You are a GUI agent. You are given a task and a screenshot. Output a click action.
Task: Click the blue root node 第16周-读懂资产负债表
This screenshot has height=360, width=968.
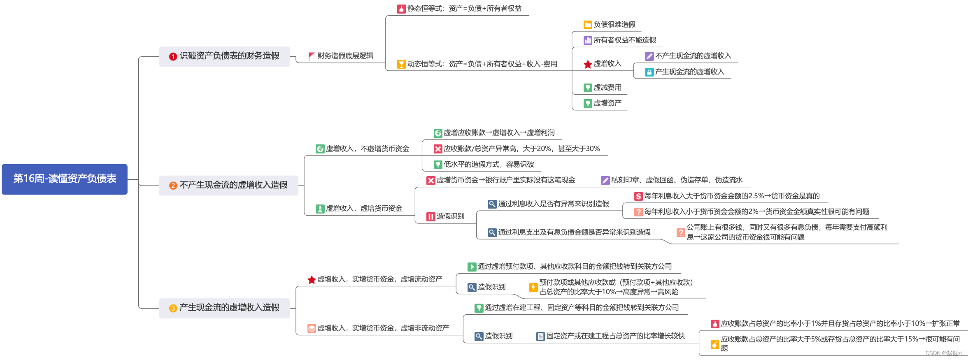point(65,179)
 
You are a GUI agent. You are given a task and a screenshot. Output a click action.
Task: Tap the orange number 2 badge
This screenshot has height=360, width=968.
point(173,186)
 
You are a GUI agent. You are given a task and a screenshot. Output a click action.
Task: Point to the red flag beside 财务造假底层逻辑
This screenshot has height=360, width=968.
point(311,56)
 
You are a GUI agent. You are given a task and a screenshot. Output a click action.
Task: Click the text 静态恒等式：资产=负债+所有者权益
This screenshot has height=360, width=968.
point(464,9)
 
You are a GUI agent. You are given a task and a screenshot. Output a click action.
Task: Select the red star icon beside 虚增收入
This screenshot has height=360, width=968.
point(588,64)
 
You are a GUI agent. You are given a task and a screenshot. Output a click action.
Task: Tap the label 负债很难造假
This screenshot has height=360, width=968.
point(614,25)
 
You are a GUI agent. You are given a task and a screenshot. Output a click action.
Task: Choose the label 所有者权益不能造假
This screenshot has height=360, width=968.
point(624,40)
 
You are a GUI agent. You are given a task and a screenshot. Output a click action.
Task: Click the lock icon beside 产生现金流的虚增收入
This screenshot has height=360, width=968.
point(649,72)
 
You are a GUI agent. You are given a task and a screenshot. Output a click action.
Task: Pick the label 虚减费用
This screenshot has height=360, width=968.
point(607,88)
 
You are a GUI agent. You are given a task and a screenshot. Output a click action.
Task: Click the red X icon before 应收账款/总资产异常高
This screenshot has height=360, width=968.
point(438,149)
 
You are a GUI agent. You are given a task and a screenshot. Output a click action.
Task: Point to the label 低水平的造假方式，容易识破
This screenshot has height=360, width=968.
point(489,165)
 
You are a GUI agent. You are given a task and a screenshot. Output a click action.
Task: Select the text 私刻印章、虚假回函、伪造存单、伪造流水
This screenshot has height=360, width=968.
point(677,180)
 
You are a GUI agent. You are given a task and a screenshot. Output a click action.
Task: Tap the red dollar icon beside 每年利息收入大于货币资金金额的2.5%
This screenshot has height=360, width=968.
point(638,196)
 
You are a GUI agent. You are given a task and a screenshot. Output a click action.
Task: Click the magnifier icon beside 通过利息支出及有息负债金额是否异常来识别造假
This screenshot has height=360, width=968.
point(492,232)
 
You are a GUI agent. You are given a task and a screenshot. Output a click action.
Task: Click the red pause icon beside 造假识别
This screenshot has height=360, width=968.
point(430,216)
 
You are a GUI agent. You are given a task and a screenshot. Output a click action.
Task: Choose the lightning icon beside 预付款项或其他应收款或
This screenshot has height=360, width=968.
point(533,287)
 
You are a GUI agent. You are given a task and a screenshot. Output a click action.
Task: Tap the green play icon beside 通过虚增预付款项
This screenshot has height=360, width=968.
point(472,267)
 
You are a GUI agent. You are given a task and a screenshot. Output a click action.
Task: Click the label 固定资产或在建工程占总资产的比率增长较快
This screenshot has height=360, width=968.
point(615,336)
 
